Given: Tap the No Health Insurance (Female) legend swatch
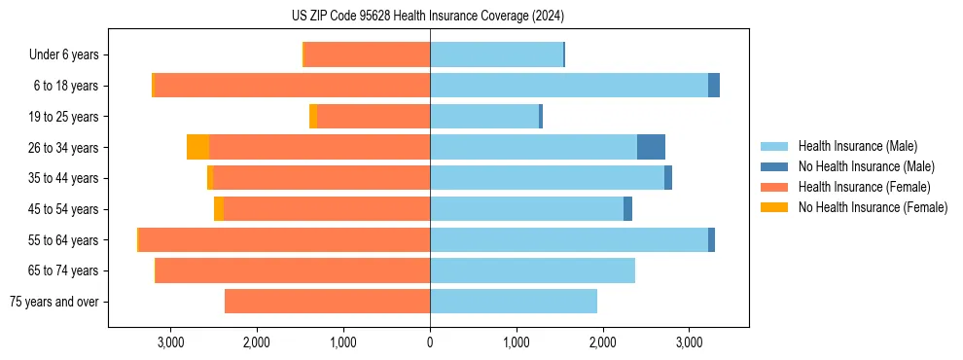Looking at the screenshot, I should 774,207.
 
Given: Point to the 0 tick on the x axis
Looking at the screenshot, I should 430,342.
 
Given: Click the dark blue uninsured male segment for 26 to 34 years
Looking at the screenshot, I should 651,147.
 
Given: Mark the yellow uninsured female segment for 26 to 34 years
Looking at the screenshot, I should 197,147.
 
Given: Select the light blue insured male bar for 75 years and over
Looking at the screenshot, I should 514,302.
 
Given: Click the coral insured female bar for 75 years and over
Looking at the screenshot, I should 327,302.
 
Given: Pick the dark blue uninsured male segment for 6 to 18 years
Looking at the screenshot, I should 714,86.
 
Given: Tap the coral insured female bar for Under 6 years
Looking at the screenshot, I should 368,55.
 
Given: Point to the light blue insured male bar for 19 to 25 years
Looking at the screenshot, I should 484,117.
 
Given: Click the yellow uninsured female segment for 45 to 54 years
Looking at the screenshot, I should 219,209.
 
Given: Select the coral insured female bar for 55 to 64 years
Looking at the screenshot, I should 284,240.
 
